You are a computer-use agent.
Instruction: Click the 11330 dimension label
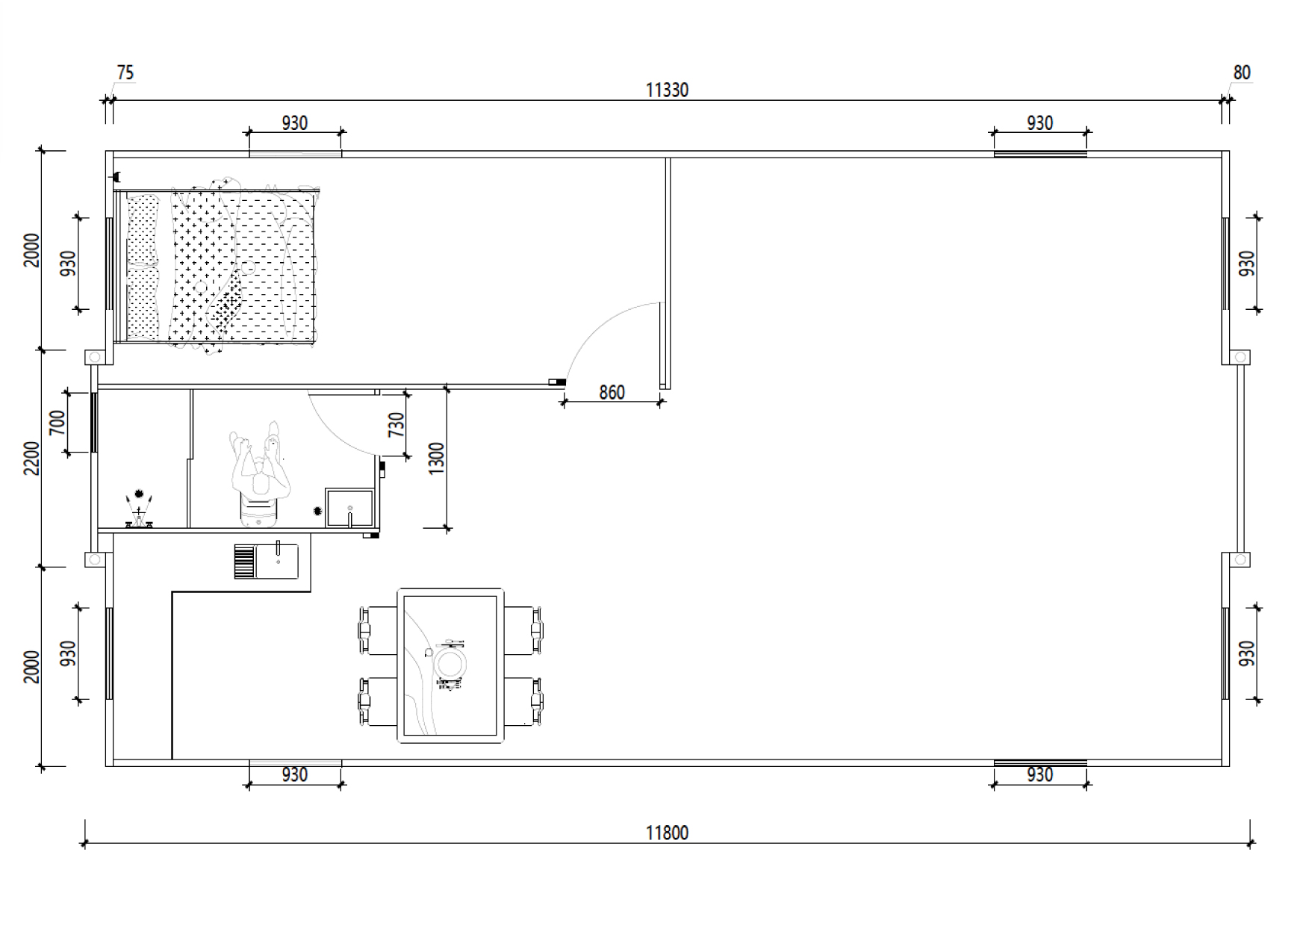[x=667, y=90]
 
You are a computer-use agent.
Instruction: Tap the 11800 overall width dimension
[x=667, y=833]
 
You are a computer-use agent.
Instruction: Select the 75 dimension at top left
[x=125, y=72]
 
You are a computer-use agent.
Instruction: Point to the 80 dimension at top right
[x=1242, y=72]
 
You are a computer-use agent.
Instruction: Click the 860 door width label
[x=612, y=392]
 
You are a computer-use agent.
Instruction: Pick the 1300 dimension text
[x=437, y=458]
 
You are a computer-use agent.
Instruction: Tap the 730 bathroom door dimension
[x=397, y=424]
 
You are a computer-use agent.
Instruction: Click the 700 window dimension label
[x=57, y=423]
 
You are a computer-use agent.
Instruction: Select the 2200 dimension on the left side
[x=31, y=458]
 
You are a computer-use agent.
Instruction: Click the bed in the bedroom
[x=217, y=265]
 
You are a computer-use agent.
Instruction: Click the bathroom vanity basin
[x=349, y=507]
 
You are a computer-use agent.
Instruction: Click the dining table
[x=450, y=665]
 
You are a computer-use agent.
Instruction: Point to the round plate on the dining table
[x=451, y=663]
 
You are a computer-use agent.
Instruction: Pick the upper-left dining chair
[x=378, y=631]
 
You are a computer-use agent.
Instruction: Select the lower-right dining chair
[x=523, y=701]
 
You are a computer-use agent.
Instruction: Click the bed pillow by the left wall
[x=143, y=265]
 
